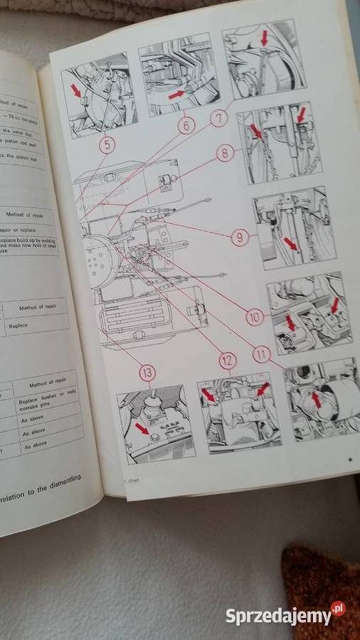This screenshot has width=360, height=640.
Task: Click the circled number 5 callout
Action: coord(107,146)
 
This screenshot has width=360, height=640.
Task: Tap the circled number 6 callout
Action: coord(186,126)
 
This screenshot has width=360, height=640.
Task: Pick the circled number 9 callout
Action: coord(240,236)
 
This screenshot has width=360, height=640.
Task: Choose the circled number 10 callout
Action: coord(255,316)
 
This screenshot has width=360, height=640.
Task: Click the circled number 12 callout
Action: coord(227,361)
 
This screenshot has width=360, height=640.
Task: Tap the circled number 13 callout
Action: coord(147,372)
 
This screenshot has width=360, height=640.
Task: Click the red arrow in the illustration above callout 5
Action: coord(76,90)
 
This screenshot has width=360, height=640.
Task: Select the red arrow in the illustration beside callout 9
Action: coord(290,244)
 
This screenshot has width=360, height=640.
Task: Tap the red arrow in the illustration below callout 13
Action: coord(143,427)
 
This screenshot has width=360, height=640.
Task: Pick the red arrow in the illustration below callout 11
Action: coord(317,400)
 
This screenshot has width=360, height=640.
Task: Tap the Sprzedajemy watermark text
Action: coord(277,616)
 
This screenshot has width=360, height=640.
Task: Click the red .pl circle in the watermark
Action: coord(338,609)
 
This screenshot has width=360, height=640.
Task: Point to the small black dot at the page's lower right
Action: coord(349,461)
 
